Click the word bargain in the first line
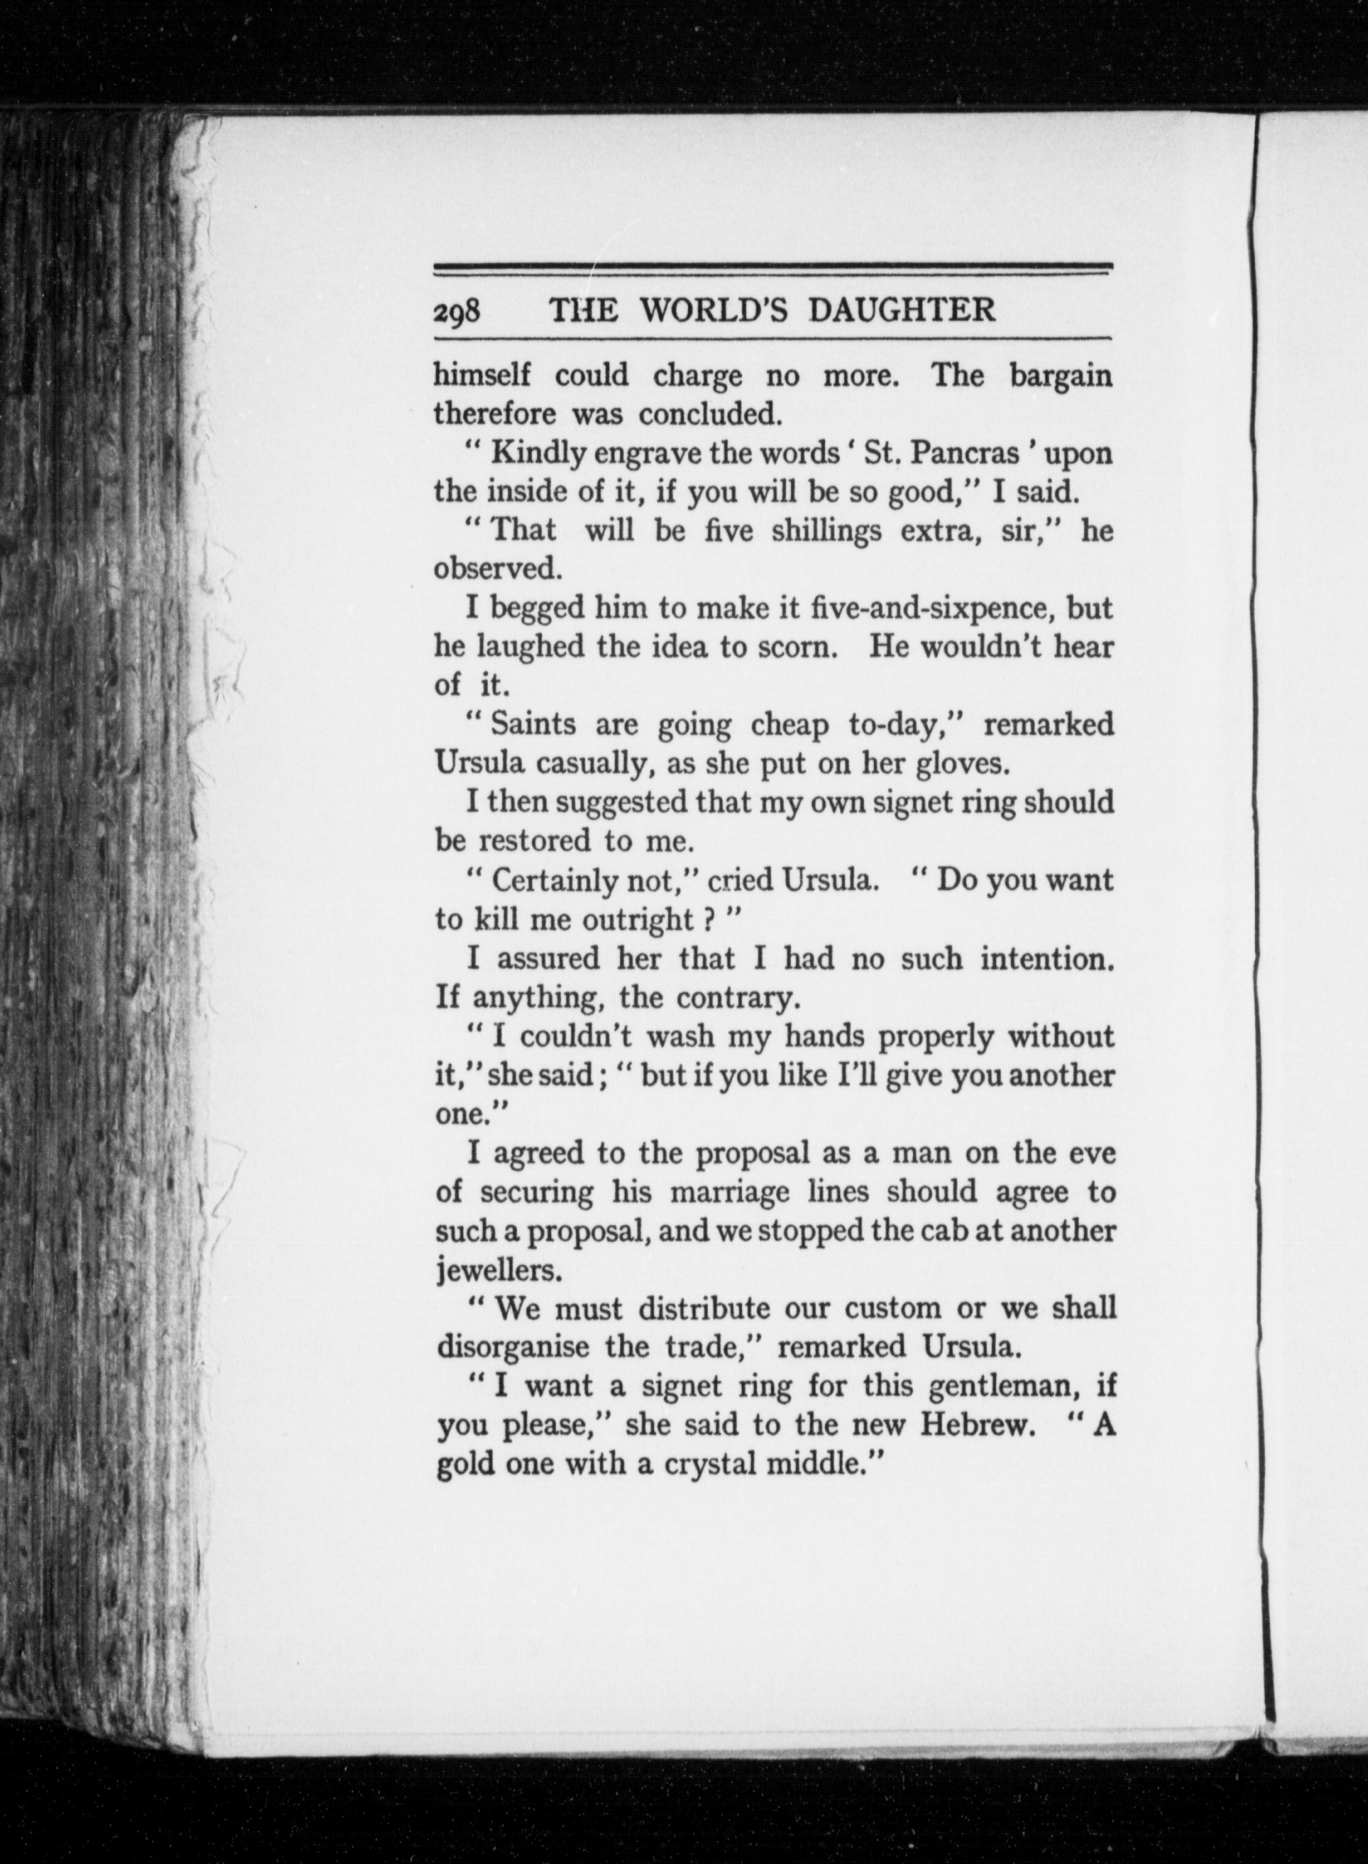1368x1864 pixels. pos(1060,377)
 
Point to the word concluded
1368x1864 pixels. pos(710,414)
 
